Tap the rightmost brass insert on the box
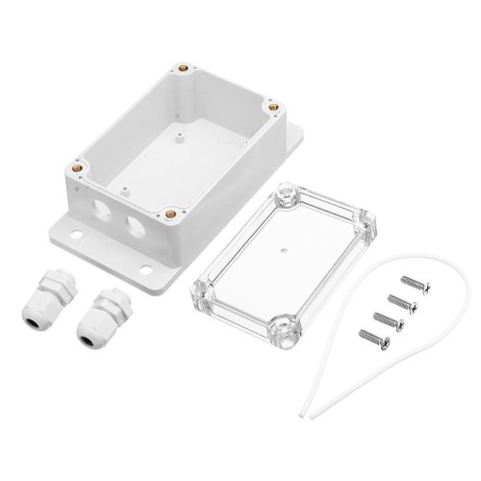270,108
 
